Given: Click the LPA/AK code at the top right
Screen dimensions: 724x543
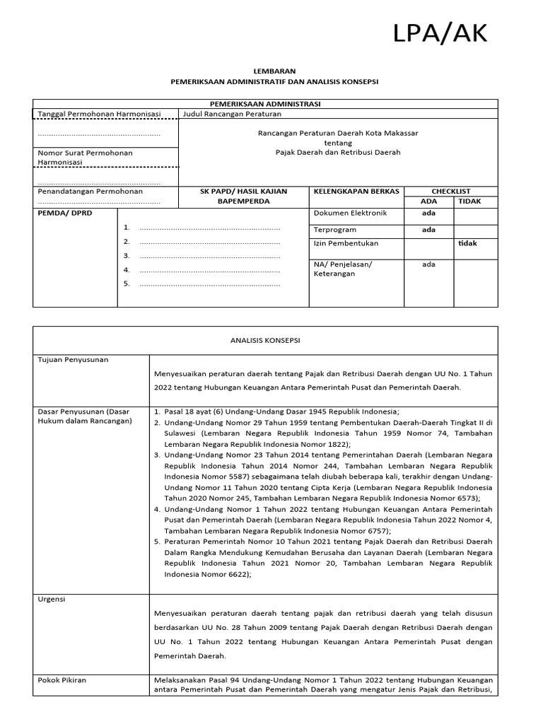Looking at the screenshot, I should (x=440, y=33).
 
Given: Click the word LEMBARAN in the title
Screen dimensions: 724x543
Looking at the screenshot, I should (x=275, y=71).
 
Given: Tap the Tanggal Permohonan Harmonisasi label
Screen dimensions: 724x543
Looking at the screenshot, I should (x=99, y=114).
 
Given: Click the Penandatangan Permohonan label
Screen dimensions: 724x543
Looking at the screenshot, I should (x=90, y=192).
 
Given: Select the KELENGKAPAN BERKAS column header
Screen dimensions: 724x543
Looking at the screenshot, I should (x=356, y=192).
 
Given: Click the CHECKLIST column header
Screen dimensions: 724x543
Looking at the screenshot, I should (x=450, y=192).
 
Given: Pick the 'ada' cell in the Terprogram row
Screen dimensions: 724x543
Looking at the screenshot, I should (x=428, y=230).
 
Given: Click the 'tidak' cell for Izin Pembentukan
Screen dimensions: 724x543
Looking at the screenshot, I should (x=467, y=243).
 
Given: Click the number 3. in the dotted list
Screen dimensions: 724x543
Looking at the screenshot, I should (x=127, y=256).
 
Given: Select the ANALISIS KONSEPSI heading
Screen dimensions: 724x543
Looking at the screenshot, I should (x=265, y=340).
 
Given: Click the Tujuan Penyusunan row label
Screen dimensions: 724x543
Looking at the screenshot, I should (x=73, y=360).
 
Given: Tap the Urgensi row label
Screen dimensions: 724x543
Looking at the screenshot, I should (x=52, y=600).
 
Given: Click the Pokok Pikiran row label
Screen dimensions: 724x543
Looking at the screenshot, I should (x=62, y=680).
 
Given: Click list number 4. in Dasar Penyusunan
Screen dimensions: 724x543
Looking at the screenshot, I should (x=156, y=509).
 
